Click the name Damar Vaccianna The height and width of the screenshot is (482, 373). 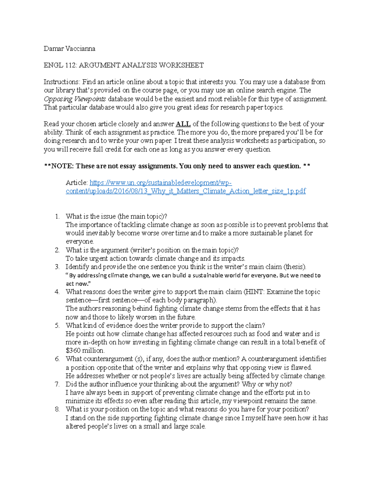point(69,48)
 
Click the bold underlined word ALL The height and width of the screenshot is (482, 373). point(183,124)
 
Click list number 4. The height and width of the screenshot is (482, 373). point(57,292)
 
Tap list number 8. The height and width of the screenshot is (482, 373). point(57,409)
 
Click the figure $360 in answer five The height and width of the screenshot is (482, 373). point(73,351)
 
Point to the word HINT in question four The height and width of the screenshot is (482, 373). point(254,292)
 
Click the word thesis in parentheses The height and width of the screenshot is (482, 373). point(295,267)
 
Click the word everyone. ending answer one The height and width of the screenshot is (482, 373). point(80,241)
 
